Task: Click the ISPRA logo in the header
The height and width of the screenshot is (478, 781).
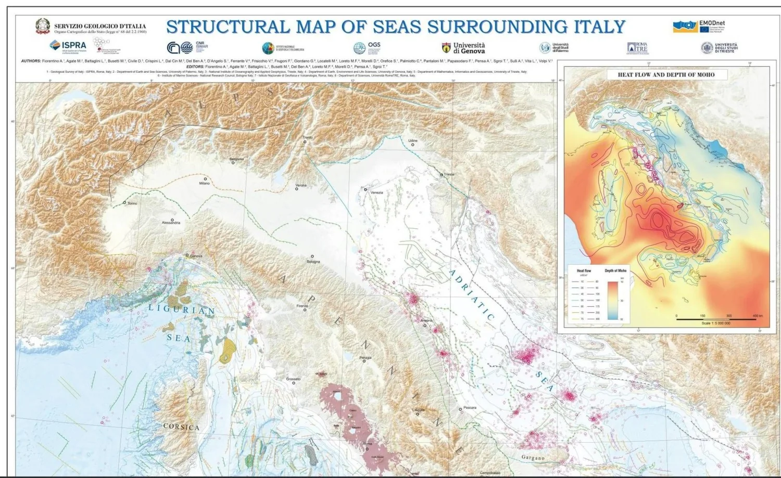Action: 68,45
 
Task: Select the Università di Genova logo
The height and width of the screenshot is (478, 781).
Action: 463,48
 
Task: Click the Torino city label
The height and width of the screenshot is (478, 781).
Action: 132,203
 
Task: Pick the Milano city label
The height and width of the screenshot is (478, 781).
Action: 204,183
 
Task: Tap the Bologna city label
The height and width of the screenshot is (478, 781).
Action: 313,261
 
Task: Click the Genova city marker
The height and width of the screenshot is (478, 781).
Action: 187,255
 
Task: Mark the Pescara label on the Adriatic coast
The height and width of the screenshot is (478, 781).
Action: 470,408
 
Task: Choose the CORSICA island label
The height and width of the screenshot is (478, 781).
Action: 181,427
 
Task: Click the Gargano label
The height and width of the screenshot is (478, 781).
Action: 533,458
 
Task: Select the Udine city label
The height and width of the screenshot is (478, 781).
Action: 413,140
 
